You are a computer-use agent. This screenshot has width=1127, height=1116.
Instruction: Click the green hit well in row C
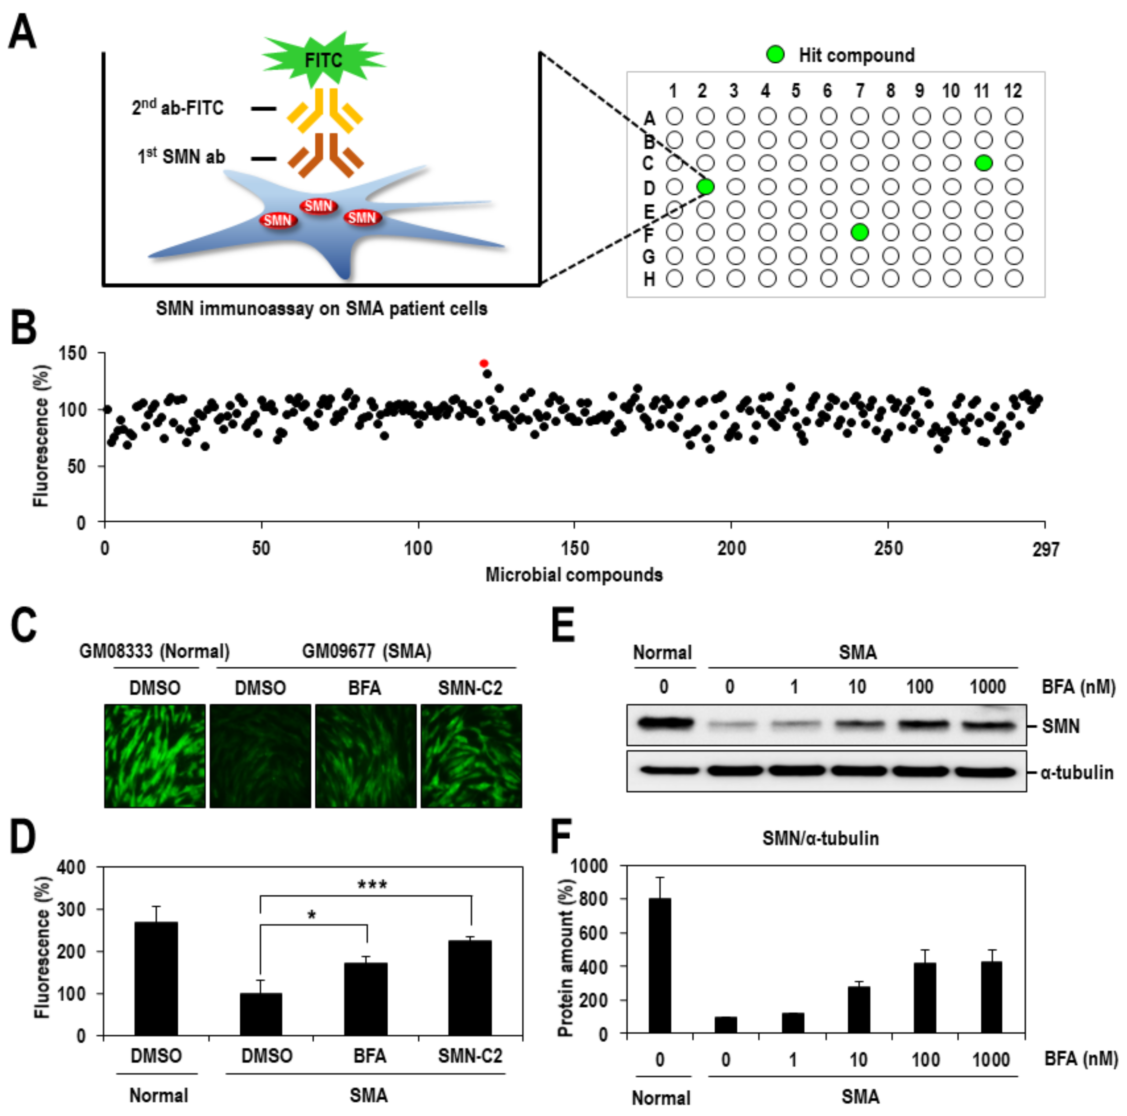(x=983, y=163)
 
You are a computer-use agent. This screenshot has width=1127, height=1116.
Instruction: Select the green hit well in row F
(x=859, y=232)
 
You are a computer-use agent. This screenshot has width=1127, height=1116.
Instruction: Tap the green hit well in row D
(x=705, y=187)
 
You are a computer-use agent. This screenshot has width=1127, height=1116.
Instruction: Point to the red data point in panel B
(x=484, y=363)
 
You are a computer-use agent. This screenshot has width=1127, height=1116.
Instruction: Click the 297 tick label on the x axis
(x=1045, y=549)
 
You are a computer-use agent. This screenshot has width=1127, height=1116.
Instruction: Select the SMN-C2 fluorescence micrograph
(x=471, y=756)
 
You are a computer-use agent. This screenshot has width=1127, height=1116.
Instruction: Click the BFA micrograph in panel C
(x=366, y=756)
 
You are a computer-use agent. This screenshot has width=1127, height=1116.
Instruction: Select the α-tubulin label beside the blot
(x=1077, y=773)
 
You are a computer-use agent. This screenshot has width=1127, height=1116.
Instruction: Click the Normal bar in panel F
(x=660, y=966)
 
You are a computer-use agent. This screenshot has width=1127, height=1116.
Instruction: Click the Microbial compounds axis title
(x=574, y=575)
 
